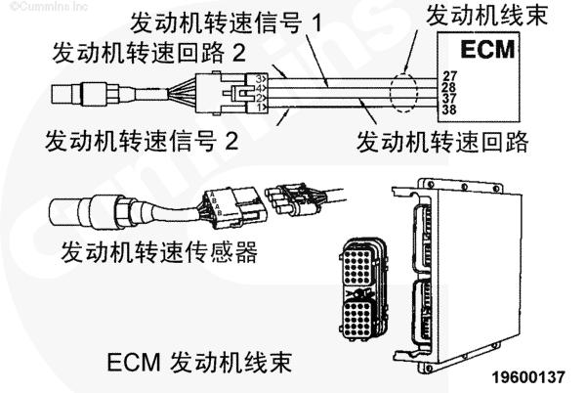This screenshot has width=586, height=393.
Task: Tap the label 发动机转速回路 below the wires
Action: [x=443, y=141]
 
